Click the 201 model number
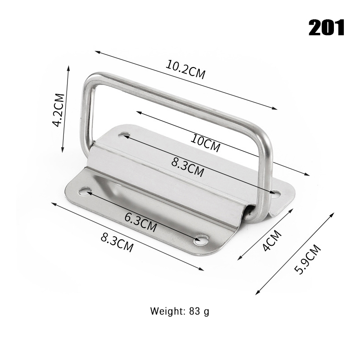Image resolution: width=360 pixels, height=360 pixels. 326,27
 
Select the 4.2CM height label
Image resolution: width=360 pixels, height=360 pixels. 58,110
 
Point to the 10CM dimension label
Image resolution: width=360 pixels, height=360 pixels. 205,143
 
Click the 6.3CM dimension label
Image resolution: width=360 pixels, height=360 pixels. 141,222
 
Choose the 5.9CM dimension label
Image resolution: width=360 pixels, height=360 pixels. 307,260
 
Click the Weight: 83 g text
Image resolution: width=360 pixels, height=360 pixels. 180,311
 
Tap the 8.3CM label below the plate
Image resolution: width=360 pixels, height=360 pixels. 117,242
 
